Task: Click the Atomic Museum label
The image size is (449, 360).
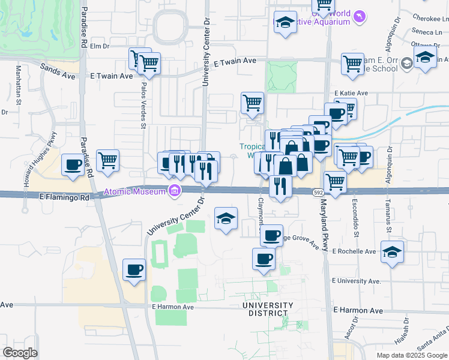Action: tap(135, 192)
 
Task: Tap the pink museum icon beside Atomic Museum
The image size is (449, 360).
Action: tap(175, 192)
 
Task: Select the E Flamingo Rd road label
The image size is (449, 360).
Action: tap(64, 196)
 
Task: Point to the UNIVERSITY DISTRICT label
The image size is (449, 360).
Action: tap(268, 309)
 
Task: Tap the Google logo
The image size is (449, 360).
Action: tap(20, 353)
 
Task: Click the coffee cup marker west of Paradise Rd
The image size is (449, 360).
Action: tap(73, 165)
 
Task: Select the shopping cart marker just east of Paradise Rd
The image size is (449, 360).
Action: tap(108, 160)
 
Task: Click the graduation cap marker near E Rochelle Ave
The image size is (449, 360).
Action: tap(392, 253)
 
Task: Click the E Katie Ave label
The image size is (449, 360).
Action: tap(351, 93)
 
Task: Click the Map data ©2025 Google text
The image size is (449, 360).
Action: tap(411, 355)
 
